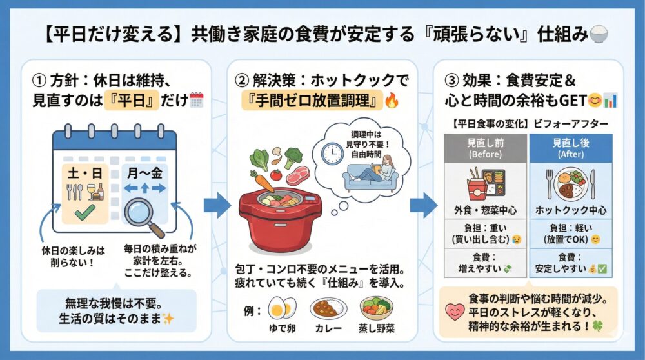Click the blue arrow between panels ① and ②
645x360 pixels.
(x=217, y=206)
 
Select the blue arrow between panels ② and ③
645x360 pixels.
(x=423, y=206)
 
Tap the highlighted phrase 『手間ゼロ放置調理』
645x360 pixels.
(x=308, y=101)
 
